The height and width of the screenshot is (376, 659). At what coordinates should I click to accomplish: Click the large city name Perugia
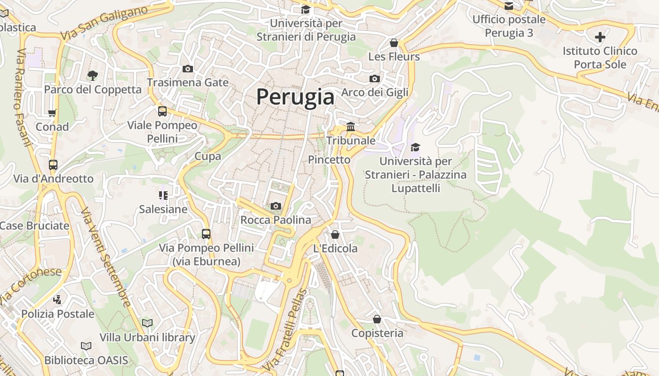(295, 97)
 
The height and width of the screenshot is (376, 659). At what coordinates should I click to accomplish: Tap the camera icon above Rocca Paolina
(276, 206)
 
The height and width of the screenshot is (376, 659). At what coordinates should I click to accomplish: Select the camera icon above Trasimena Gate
(187, 69)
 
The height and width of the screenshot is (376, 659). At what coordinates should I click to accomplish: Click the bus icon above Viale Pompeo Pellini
(162, 111)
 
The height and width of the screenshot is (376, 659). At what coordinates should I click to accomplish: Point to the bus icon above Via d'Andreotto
(53, 165)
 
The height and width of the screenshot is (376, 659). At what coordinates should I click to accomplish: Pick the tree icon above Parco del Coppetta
(93, 75)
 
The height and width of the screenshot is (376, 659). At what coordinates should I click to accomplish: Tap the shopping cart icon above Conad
(52, 113)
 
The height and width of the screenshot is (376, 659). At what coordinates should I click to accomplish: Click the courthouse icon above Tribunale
(351, 127)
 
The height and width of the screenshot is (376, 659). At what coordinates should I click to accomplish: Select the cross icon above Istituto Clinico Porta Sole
(600, 37)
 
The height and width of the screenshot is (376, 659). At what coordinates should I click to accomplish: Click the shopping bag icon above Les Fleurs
(394, 43)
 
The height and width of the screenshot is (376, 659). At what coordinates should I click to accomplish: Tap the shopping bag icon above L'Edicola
(335, 234)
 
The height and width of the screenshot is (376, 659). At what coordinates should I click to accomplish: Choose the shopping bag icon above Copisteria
(377, 319)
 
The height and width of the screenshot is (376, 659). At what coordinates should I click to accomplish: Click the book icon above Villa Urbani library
(147, 323)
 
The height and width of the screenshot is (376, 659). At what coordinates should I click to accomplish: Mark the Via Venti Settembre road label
(106, 257)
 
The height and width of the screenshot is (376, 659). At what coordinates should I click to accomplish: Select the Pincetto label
(329, 160)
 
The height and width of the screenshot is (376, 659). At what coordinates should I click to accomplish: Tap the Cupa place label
(208, 156)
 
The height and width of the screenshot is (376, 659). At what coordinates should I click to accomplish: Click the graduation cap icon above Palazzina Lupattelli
(415, 148)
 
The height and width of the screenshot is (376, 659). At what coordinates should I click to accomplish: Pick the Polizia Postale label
(58, 313)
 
